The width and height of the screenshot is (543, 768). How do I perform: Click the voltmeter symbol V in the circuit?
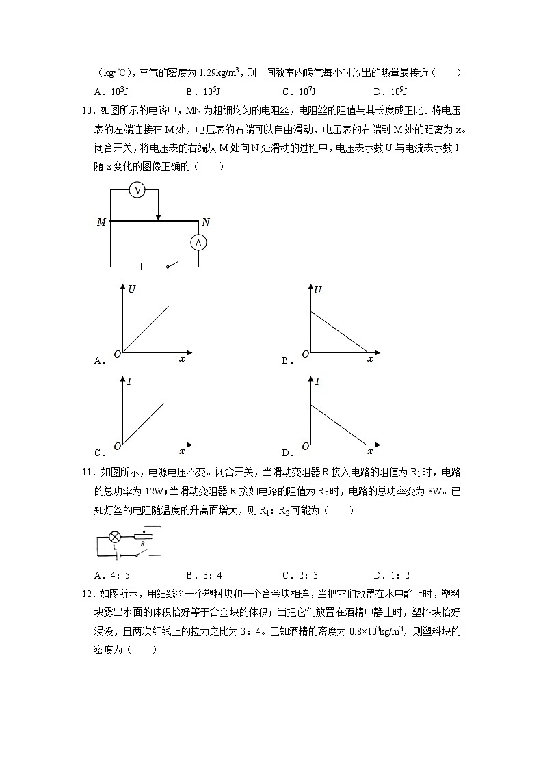click(x=137, y=190)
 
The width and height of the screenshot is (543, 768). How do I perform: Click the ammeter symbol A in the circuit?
click(x=198, y=242)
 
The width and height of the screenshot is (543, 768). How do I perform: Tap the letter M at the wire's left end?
click(x=101, y=222)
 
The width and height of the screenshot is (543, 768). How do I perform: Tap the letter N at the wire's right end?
click(x=206, y=222)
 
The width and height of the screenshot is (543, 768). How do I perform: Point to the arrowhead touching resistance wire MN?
click(x=158, y=217)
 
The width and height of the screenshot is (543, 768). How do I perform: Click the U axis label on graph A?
click(x=131, y=290)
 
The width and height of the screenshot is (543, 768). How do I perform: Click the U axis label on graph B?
click(x=318, y=290)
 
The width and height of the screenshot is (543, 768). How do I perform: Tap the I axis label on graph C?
click(x=129, y=382)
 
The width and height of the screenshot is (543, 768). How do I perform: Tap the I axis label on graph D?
click(x=317, y=382)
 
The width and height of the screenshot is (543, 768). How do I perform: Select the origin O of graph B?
click(x=305, y=354)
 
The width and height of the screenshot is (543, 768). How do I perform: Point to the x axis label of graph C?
click(x=182, y=451)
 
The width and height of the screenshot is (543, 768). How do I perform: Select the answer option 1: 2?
click(x=398, y=575)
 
